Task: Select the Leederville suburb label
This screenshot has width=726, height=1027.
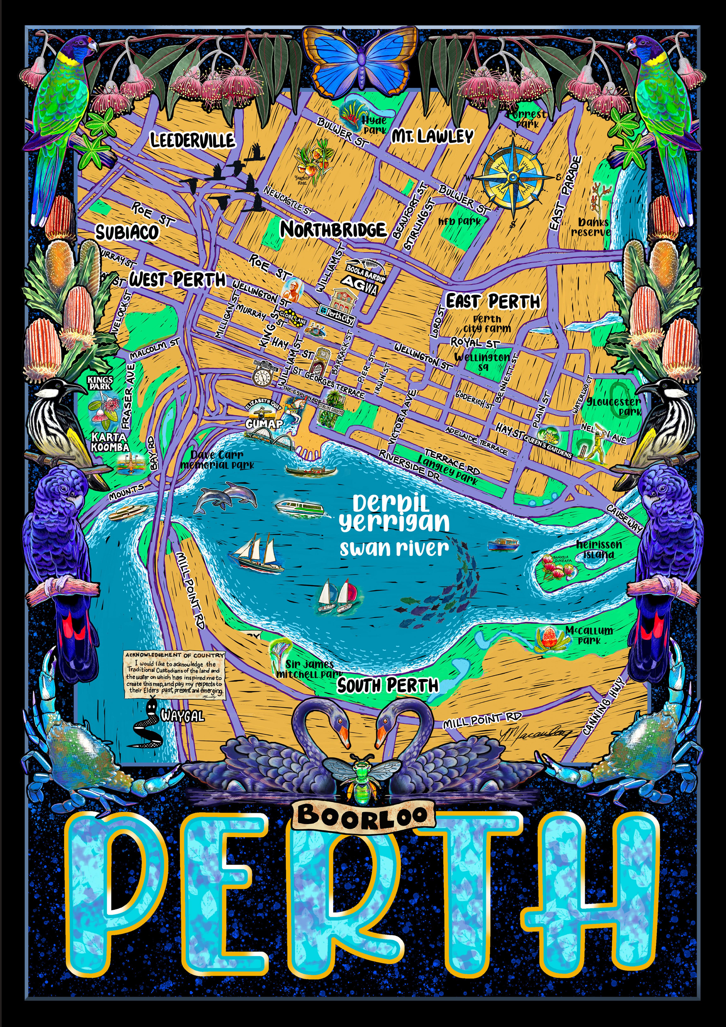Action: [x=192, y=140]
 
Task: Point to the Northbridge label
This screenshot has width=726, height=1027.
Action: [x=333, y=229]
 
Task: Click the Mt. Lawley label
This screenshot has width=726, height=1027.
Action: [x=432, y=136]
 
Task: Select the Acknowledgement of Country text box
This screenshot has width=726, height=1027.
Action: [x=174, y=675]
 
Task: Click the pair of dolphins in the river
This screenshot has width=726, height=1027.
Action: [x=226, y=496]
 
